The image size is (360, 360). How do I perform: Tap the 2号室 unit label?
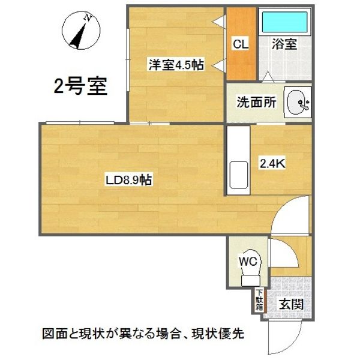(x=80, y=87)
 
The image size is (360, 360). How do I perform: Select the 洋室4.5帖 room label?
(x=175, y=65)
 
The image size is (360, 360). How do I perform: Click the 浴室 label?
(x=284, y=45)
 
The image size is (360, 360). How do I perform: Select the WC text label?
(x=248, y=261)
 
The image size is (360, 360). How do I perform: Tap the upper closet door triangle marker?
(x=218, y=22)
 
